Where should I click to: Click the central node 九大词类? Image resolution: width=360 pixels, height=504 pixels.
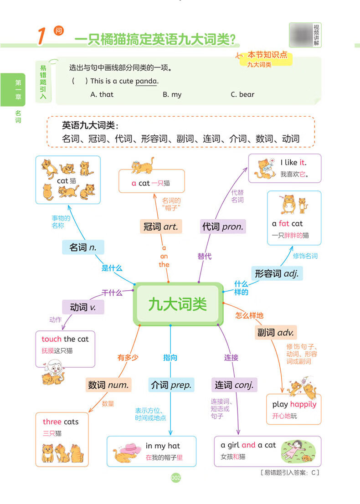[177, 304]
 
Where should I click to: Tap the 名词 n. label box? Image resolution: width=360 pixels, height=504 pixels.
[83, 247]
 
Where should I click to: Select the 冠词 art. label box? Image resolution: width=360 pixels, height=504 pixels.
[161, 226]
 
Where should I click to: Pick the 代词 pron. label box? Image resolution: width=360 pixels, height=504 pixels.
[222, 226]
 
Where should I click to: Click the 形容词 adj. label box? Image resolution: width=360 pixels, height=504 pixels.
[277, 273]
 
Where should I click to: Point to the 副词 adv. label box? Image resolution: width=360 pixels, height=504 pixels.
[276, 332]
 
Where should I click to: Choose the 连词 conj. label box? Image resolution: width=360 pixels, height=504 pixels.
[234, 385]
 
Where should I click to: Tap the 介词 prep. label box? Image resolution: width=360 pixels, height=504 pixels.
[170, 385]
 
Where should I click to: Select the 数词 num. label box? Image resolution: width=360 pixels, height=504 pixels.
[108, 385]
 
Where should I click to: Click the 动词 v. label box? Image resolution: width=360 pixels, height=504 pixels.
[83, 307]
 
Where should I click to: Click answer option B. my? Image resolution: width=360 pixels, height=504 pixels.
[172, 94]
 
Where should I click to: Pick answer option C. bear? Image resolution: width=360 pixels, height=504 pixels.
[242, 94]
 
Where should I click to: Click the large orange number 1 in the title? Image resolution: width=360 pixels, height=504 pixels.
[41, 37]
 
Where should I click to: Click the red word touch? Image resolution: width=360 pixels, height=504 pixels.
[51, 339]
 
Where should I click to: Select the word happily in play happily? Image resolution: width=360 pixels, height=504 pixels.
[303, 404]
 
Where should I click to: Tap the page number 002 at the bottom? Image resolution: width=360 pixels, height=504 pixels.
[176, 478]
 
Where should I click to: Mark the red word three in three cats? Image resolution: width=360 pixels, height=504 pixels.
[52, 422]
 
